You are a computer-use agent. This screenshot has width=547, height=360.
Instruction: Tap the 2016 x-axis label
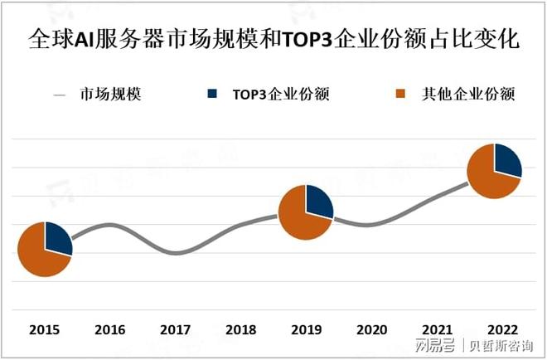point(109,329)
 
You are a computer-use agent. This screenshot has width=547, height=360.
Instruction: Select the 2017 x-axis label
point(175,329)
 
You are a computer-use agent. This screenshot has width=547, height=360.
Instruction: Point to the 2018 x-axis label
point(240,329)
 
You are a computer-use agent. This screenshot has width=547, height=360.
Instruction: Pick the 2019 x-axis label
point(306,329)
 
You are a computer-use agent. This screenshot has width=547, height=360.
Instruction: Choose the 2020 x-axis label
point(371,329)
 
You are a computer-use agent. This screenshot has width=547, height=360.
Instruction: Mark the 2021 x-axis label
point(437,329)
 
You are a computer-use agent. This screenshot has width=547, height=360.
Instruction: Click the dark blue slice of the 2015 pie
point(57,238)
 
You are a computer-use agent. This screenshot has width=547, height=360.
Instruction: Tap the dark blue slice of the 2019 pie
point(318,202)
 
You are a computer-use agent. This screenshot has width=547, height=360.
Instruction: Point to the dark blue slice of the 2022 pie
point(507,159)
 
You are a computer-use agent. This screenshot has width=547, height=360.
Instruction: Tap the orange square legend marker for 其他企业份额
point(404,94)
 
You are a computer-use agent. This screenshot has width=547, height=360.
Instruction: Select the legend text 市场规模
point(110,94)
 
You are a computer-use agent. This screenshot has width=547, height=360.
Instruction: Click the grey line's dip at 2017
point(175,252)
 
